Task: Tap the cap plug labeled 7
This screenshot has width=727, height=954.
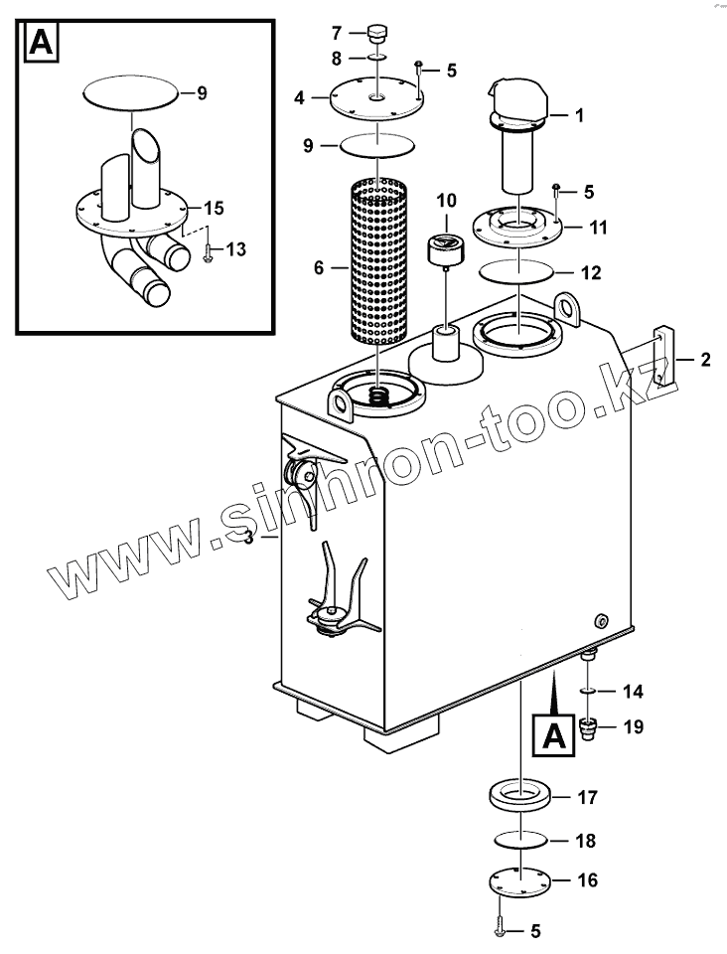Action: [375, 36]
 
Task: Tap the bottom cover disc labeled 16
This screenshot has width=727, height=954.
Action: [518, 880]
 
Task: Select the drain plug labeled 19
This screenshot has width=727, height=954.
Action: [587, 728]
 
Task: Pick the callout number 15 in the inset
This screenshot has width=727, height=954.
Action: [215, 209]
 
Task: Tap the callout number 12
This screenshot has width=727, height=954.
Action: [590, 271]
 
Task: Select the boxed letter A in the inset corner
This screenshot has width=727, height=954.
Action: [41, 43]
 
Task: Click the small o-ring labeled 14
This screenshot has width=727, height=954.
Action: [587, 689]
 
